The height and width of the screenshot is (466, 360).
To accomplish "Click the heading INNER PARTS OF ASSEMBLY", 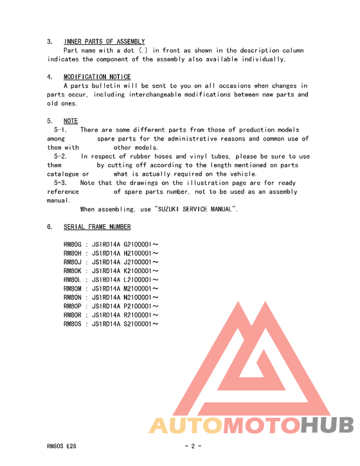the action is coord(104,42).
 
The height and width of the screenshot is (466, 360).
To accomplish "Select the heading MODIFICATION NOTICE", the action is coord(97,77).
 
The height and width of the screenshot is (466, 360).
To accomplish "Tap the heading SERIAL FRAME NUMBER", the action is coord(97,227).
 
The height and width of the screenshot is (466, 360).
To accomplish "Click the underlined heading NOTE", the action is coord(71,121).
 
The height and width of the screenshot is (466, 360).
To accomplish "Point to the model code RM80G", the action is coord(73,244).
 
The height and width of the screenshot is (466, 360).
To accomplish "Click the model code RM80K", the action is coord(73,271).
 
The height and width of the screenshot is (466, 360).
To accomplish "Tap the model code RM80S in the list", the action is coord(73,325).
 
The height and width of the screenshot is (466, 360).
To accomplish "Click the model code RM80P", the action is coord(73,307).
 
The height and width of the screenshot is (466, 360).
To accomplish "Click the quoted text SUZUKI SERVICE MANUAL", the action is coord(196,209).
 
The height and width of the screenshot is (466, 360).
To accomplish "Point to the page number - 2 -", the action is coord(193,446).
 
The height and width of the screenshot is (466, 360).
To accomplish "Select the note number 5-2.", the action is coord(60,156).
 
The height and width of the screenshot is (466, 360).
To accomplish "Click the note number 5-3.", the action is coord(60,183).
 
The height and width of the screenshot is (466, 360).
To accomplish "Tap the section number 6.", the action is coord(50,227).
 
